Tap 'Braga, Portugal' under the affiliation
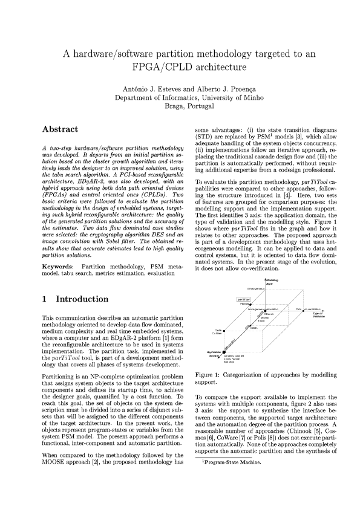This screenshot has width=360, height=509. point(180,106)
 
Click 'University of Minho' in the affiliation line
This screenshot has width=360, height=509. point(214,96)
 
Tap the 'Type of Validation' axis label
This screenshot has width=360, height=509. point(317,314)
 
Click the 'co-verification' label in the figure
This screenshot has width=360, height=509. point(313,309)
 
